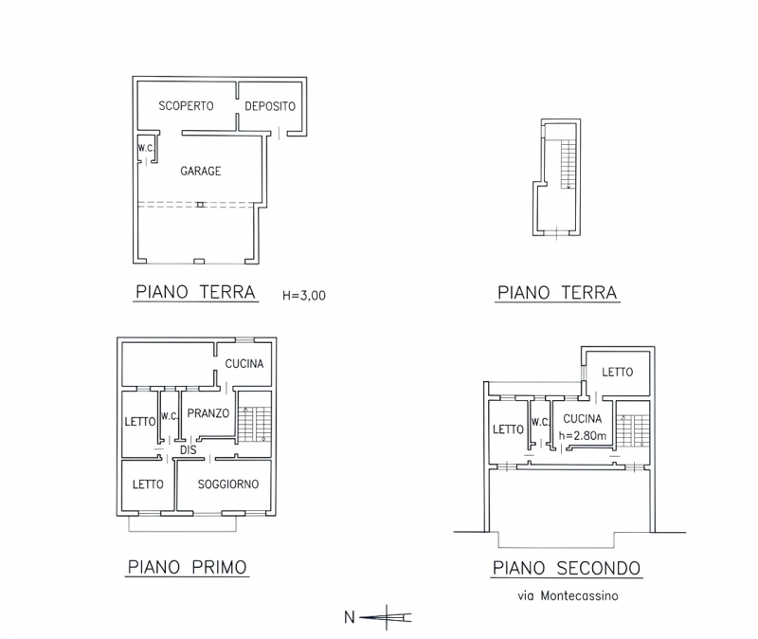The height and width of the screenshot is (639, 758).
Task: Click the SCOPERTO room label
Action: (x=186, y=105)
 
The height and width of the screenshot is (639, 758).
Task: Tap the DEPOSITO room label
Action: (x=270, y=106)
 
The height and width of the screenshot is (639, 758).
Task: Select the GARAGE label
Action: (x=201, y=171)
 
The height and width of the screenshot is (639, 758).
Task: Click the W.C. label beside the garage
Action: (x=146, y=148)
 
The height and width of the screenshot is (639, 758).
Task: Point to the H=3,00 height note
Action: (x=304, y=295)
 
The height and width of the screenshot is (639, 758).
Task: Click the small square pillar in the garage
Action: (x=201, y=205)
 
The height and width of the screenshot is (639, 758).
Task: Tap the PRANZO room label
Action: (x=208, y=413)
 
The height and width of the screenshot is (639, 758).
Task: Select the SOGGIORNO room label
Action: (x=228, y=484)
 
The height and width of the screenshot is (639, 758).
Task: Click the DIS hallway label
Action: (x=189, y=450)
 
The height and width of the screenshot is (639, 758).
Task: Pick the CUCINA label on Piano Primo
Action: (x=244, y=363)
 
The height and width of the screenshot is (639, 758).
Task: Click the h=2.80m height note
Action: (x=583, y=435)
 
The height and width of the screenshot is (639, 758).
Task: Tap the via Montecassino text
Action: (x=568, y=595)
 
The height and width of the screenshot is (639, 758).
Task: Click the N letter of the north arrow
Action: (x=350, y=617)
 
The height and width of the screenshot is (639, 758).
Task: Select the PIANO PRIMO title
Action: (x=187, y=567)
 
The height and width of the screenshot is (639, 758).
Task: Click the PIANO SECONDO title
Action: (x=567, y=568)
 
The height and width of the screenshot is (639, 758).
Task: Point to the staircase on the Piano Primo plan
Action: (x=255, y=424)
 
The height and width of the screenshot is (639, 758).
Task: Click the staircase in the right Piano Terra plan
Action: (x=568, y=163)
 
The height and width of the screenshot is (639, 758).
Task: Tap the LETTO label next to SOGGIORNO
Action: (x=148, y=484)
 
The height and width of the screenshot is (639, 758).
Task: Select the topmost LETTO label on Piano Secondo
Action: (x=618, y=372)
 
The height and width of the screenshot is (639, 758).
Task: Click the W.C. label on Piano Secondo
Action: (x=540, y=422)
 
